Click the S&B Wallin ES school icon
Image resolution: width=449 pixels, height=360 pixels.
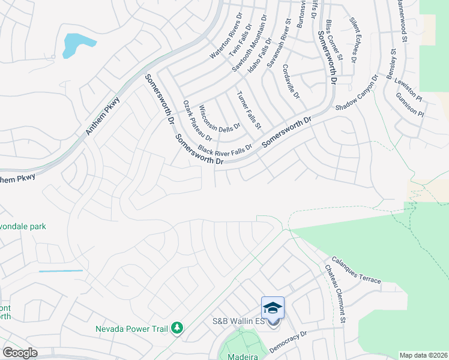273,308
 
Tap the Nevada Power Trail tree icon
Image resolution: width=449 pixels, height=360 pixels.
177,328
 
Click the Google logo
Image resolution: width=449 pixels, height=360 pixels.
20,353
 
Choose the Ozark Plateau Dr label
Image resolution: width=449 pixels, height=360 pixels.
197,121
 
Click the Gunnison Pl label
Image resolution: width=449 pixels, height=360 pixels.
410,105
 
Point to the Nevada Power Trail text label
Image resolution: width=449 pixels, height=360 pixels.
133,328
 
